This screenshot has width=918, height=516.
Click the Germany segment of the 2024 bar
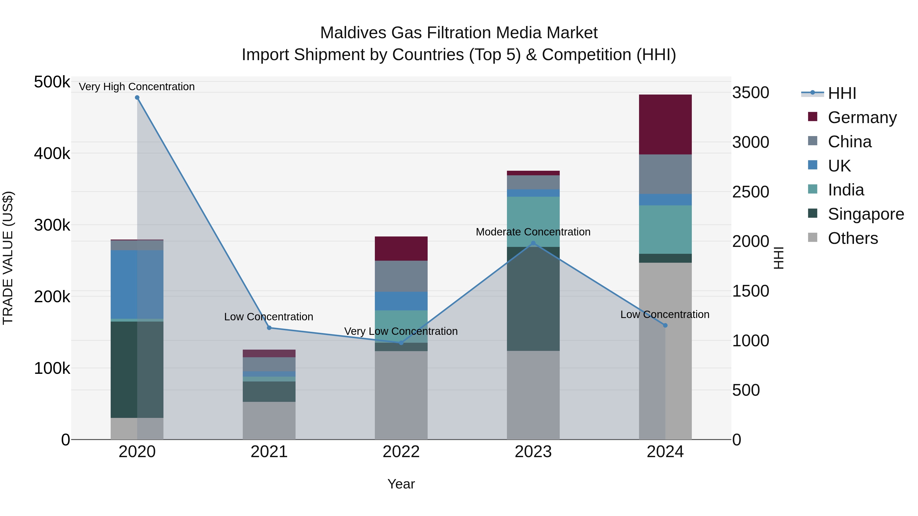point(665,124)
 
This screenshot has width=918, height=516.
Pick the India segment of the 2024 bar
point(665,229)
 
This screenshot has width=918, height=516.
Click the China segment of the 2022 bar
point(401,276)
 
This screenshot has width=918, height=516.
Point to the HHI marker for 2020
point(137,98)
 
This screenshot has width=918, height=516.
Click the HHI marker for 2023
point(533,243)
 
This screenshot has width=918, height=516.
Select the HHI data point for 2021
point(269,328)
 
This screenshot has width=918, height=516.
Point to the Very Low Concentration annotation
point(401,331)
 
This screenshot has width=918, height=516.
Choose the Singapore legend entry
point(866,214)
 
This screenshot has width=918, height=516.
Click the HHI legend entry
point(842,93)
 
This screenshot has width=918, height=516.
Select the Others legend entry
point(852,238)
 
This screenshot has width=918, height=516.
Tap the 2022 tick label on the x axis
point(401,452)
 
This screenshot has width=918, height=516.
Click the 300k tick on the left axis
point(52,225)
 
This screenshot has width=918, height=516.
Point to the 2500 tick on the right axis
point(750,192)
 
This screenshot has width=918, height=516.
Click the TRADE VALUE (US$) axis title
point(8,258)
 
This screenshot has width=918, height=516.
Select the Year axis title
point(401,484)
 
